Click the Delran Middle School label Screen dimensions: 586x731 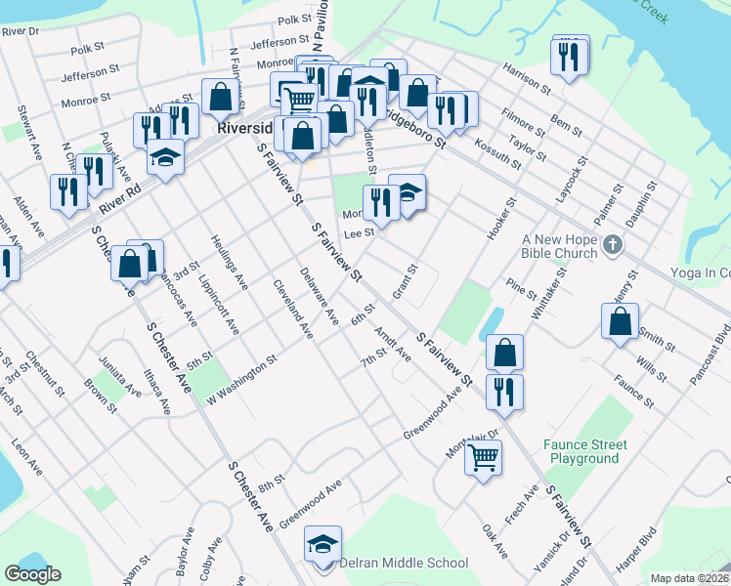(x=404, y=564)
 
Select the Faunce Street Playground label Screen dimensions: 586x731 (x=585, y=451)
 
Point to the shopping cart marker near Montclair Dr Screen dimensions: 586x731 (x=484, y=456)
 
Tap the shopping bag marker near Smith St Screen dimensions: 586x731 (x=621, y=321)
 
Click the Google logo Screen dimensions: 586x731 (x=32, y=574)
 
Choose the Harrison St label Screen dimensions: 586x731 (x=528, y=74)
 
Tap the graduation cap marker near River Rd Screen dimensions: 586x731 (x=166, y=158)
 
